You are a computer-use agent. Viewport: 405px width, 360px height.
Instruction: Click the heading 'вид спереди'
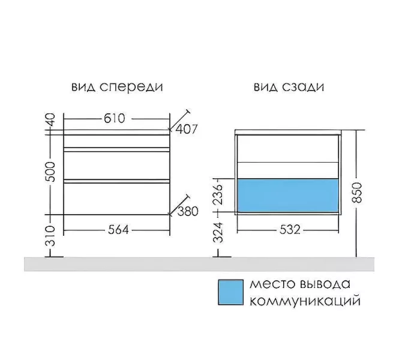click(117, 86)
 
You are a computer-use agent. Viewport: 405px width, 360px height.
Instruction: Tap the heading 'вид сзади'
click(289, 86)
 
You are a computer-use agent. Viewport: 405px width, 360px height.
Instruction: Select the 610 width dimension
click(114, 118)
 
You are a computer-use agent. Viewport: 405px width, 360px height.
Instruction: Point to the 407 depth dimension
click(187, 129)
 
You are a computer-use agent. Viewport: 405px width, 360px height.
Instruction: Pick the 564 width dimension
click(116, 229)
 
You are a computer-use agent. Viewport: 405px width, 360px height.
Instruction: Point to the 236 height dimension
click(219, 194)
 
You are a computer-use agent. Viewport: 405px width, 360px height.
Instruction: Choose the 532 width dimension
click(289, 229)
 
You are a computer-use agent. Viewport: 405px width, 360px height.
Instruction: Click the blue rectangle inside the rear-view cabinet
click(288, 194)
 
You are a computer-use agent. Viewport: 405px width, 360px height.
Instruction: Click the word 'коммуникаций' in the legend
click(304, 301)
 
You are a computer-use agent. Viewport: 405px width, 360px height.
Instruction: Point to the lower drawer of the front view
click(117, 198)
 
